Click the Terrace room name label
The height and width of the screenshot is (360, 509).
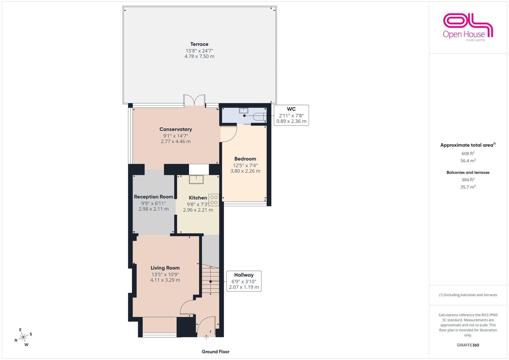199,44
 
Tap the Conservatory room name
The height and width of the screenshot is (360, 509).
176,129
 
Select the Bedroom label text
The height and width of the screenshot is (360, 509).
245,159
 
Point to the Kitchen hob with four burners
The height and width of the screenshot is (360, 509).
214,200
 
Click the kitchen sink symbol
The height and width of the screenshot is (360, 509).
196,179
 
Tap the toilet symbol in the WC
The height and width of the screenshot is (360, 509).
260,117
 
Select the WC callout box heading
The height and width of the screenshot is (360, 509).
291,109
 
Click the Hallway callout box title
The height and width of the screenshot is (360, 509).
244,275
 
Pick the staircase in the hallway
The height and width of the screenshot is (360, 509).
211,280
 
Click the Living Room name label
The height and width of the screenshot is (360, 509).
165,268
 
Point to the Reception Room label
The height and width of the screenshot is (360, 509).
153,197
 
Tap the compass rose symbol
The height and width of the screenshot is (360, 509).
23,337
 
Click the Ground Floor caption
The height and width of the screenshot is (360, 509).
216,352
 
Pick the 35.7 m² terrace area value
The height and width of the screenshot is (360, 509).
468,187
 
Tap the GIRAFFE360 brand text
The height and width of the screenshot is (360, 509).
468,345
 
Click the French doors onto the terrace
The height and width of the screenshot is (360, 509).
194,100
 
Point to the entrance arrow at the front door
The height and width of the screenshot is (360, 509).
206,337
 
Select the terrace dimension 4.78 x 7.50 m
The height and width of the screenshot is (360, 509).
199,56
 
